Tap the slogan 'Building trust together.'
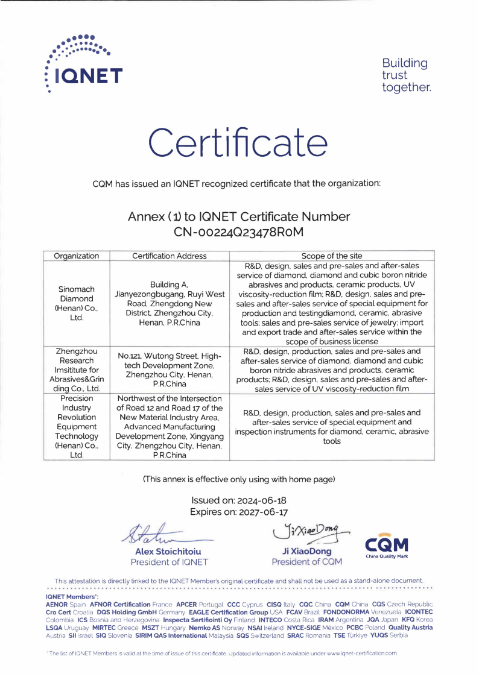point(406,75)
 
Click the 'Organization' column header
point(77,256)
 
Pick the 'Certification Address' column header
point(169,256)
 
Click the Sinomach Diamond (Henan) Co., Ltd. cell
point(77,303)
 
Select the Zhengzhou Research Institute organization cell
point(77,370)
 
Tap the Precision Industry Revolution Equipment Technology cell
point(77,427)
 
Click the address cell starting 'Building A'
point(169,303)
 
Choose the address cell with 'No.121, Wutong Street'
point(169,370)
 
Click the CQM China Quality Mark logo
point(387,547)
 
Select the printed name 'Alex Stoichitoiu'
point(168,552)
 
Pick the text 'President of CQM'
point(306,562)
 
